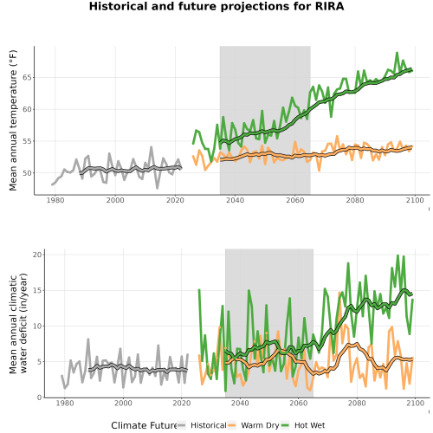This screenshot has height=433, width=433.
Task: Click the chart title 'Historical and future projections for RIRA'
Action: pyautogui.click(x=216, y=6)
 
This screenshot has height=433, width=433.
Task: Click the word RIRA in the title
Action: pyautogui.click(x=329, y=6)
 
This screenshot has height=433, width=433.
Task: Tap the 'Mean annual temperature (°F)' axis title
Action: pyautogui.click(x=13, y=120)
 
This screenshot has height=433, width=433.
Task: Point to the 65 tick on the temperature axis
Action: pyautogui.click(x=28, y=77)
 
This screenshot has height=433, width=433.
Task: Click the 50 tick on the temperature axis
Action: pyautogui.click(x=28, y=173)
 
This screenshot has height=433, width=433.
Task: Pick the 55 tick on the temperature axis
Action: pyautogui.click(x=28, y=141)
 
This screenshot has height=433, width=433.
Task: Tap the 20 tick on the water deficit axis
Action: pyautogui.click(x=37, y=255)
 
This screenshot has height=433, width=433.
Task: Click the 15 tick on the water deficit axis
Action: pyautogui.click(x=37, y=290)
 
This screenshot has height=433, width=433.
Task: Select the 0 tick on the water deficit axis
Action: pyautogui.click(x=40, y=397)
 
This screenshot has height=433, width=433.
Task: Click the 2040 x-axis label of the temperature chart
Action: pyautogui.click(x=235, y=200)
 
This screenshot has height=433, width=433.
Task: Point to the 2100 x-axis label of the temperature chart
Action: pyautogui.click(x=415, y=200)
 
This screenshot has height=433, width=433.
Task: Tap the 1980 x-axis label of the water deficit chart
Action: pyautogui.click(x=65, y=403)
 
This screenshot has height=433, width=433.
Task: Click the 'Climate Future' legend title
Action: pyautogui.click(x=144, y=425)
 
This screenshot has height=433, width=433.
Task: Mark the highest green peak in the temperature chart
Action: pyautogui.click(x=397, y=53)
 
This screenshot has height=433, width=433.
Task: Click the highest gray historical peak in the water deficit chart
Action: pyautogui.click(x=88, y=339)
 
